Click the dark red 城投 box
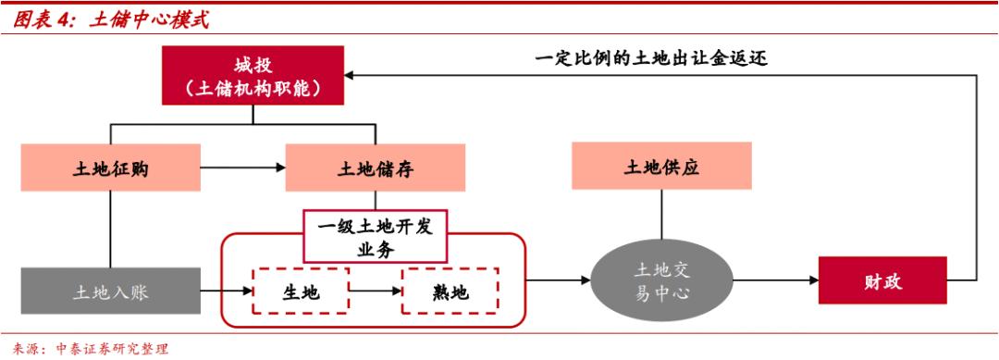[x=251, y=77]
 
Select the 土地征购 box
[x=111, y=168]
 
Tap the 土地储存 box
[x=375, y=168]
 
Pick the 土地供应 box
[x=660, y=168]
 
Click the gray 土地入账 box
[x=111, y=292]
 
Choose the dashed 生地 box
[x=301, y=292]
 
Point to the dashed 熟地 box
[x=450, y=292]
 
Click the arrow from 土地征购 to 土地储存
[x=243, y=168]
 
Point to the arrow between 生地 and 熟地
[x=375, y=292]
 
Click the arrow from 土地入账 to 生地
[x=228, y=292]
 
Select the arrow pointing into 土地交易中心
[x=559, y=279]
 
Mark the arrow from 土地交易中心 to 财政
[x=773, y=279]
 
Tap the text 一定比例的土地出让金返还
[x=651, y=58]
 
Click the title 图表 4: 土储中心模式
[x=111, y=19]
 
